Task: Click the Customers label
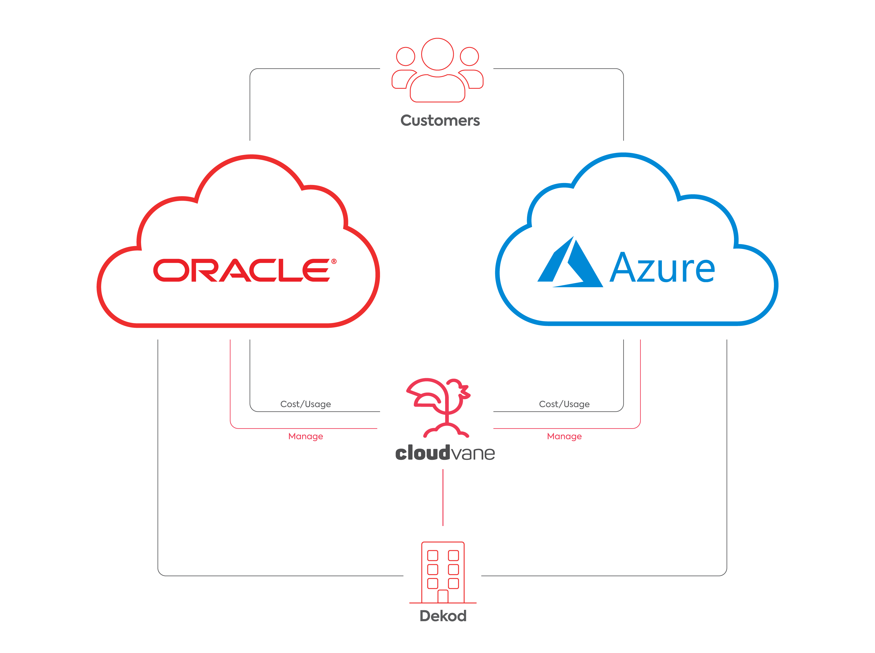(x=439, y=121)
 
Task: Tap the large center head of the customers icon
(x=437, y=54)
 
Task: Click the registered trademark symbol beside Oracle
(x=334, y=261)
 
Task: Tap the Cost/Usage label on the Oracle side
(x=305, y=404)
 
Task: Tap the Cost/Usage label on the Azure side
(x=564, y=404)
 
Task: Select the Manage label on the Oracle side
(x=305, y=436)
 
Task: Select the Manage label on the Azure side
(x=564, y=436)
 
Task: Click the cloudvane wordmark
(x=445, y=453)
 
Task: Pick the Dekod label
(x=443, y=616)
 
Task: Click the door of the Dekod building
(x=443, y=596)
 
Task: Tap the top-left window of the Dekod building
(x=433, y=555)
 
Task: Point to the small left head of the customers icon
(x=405, y=56)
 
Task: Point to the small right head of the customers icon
(x=469, y=56)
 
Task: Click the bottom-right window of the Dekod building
(x=453, y=583)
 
